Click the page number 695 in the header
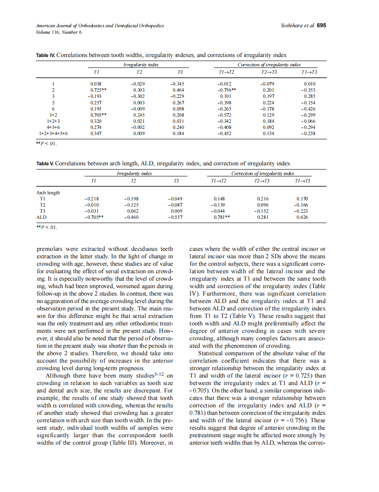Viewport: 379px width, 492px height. [x=321, y=25]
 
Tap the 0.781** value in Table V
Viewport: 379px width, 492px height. [x=221, y=217]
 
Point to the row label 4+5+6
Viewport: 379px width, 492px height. [x=53, y=127]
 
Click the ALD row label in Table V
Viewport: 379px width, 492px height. [x=41, y=217]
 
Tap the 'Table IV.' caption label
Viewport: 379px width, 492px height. [x=45, y=55]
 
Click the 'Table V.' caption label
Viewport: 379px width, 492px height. [x=45, y=164]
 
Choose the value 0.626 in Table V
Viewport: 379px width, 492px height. [x=302, y=217]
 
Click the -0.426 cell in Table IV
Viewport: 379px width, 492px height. [x=309, y=108]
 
